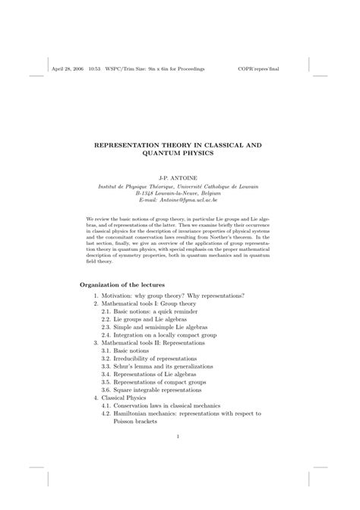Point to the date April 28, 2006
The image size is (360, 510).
click(x=68, y=67)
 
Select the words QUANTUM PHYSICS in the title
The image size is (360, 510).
click(x=179, y=152)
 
